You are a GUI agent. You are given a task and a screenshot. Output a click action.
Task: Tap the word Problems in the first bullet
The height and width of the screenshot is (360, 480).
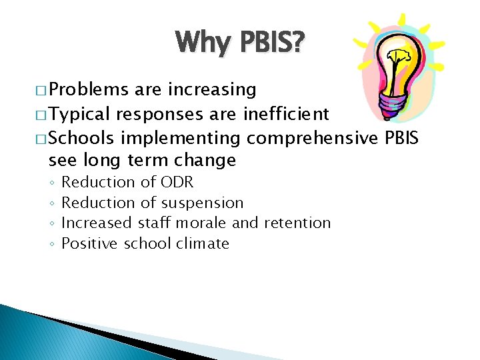coord(89,90)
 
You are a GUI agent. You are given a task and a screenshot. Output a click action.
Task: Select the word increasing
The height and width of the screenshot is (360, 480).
coord(213,90)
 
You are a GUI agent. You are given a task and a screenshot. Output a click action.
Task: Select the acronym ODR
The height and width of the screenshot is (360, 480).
coord(177,182)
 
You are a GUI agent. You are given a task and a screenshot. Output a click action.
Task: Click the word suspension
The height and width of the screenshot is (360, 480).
coord(202,203)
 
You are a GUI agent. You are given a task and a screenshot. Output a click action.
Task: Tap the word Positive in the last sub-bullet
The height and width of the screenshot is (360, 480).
coord(90,243)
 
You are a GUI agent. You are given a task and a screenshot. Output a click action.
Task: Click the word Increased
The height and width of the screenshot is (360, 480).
coord(97,223)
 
